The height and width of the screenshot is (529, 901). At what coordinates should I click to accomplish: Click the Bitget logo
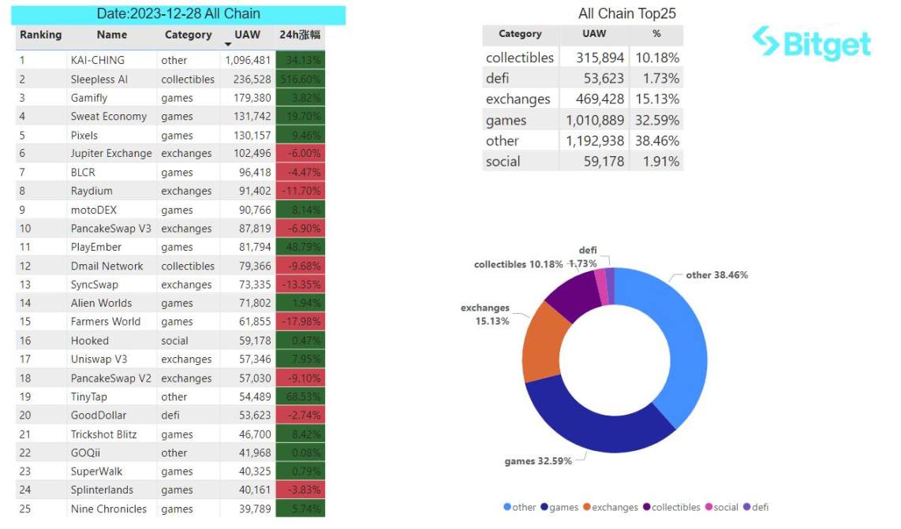click(x=813, y=43)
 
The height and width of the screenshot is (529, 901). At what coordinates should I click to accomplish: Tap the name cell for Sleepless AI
click(x=99, y=79)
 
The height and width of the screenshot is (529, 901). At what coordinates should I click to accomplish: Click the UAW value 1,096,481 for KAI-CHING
click(x=248, y=60)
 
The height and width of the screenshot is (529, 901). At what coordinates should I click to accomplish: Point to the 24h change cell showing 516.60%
click(x=300, y=79)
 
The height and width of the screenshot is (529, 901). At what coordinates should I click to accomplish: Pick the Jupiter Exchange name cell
click(x=111, y=154)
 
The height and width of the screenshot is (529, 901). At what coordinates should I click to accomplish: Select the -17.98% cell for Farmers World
click(x=300, y=322)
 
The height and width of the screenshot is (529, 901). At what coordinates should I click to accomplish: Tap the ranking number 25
click(x=25, y=509)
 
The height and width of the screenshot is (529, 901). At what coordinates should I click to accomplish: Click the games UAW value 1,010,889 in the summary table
click(x=596, y=120)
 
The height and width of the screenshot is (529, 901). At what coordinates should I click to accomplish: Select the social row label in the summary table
click(x=503, y=162)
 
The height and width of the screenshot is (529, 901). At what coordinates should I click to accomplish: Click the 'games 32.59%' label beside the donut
click(x=537, y=460)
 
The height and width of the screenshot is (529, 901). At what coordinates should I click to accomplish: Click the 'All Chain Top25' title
click(x=626, y=13)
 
